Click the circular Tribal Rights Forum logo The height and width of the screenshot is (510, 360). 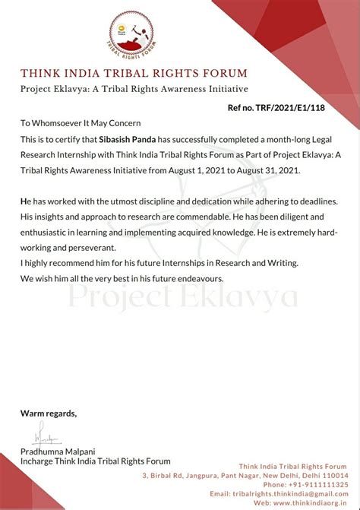[x=134, y=36]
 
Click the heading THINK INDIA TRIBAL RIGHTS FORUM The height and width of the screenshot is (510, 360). [x=134, y=74]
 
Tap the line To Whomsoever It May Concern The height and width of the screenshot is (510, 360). [x=81, y=123]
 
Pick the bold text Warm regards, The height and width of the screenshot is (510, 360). [x=49, y=413]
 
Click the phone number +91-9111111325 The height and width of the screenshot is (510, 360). [x=317, y=484]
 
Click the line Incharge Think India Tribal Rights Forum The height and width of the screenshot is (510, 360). [x=96, y=461]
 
